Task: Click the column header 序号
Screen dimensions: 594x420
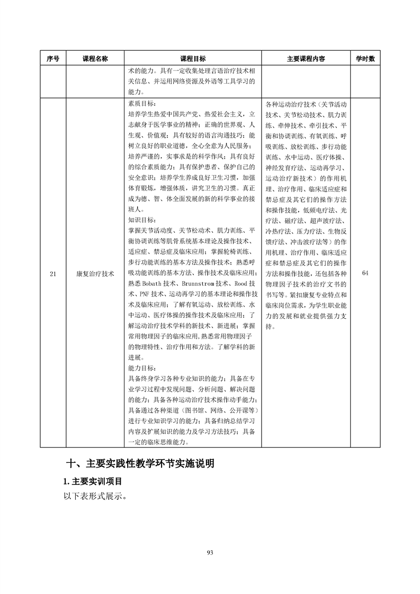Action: click(52, 59)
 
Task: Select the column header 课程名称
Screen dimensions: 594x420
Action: click(95, 59)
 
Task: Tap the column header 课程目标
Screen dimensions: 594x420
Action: click(193, 59)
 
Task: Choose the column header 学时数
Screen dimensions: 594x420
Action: click(365, 59)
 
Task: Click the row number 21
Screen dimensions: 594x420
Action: click(52, 273)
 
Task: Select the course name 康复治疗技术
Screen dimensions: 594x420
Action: click(95, 273)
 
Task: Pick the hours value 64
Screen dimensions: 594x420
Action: click(365, 273)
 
